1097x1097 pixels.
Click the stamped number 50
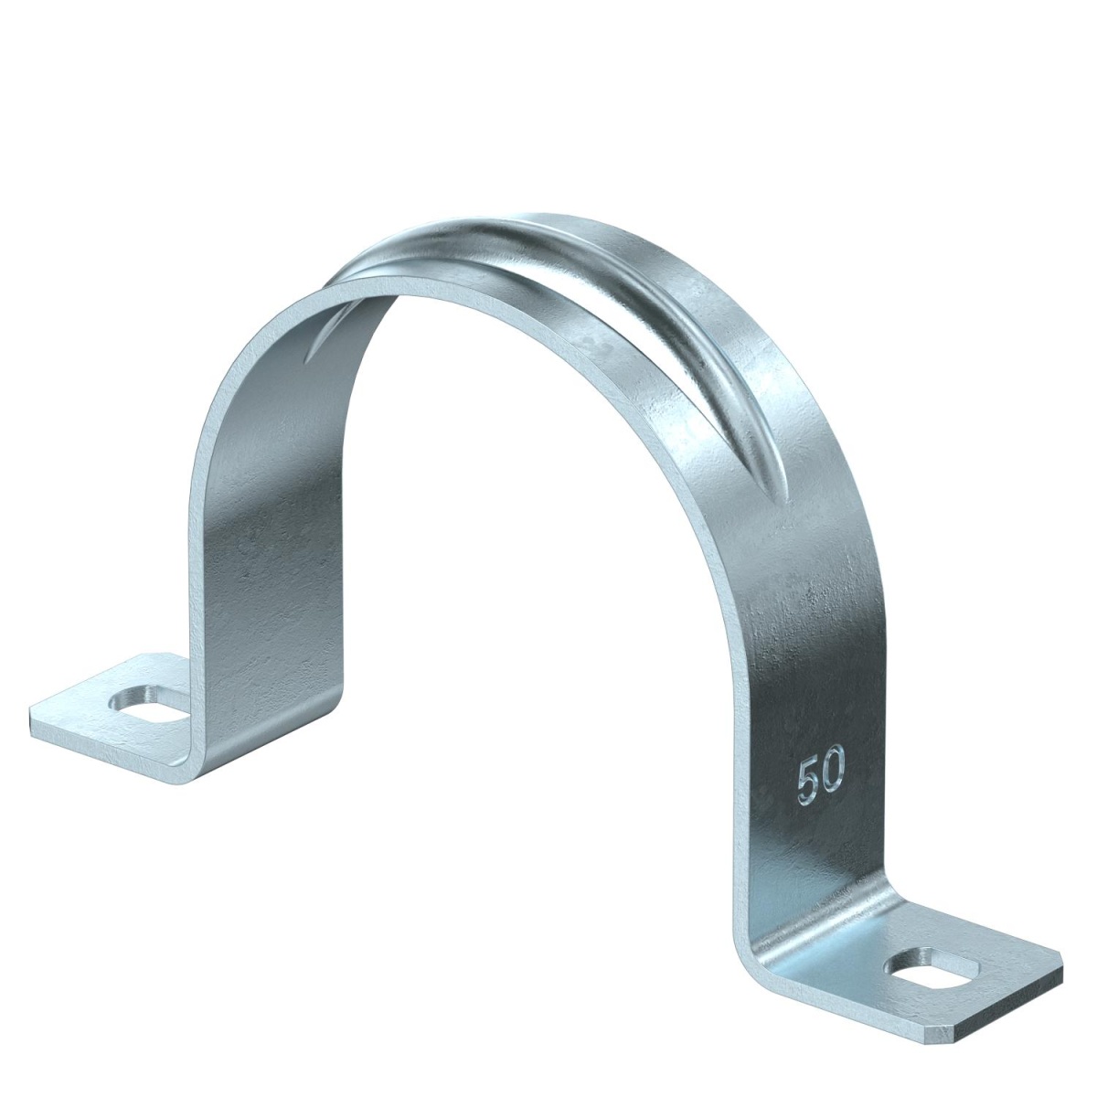click(x=820, y=779)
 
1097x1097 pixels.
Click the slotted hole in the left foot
click(x=144, y=703)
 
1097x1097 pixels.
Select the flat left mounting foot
click(x=110, y=708)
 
